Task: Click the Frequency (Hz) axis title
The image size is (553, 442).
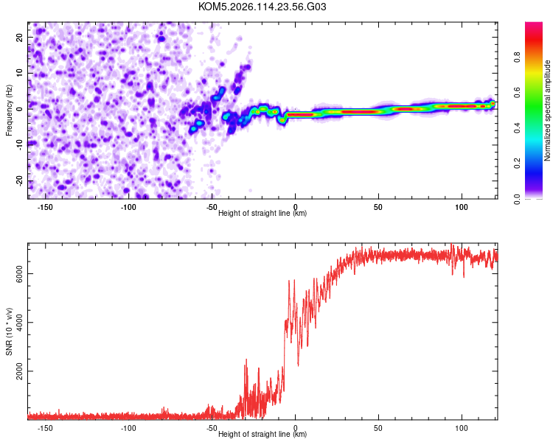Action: click(10, 110)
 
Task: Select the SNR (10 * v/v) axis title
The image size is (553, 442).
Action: click(10, 332)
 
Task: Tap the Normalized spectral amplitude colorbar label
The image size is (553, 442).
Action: click(547, 111)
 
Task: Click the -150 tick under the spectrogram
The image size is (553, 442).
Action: click(46, 206)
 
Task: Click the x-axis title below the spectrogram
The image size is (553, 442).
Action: click(262, 214)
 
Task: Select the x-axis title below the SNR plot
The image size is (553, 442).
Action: click(262, 435)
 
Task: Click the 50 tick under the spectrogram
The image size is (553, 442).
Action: click(379, 206)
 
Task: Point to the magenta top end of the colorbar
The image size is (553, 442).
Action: click(533, 25)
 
